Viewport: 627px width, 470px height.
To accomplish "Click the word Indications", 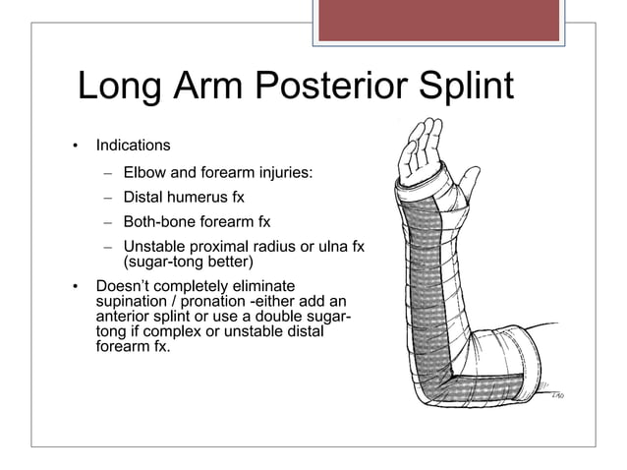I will pyautogui.click(x=133, y=146).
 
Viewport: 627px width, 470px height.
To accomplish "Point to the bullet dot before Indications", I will pyautogui.click(x=74, y=147).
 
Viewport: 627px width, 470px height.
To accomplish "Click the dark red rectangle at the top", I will pyautogui.click(x=439, y=20).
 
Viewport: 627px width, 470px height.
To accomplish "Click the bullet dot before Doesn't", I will pyautogui.click(x=74, y=287).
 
